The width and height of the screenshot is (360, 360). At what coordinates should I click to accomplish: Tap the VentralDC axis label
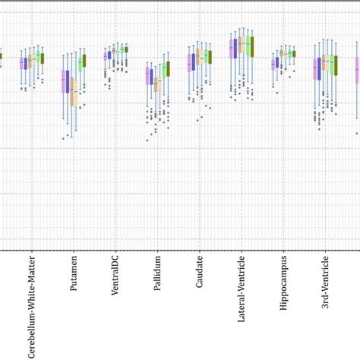point(115,274)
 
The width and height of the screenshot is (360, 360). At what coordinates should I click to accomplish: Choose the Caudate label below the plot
point(199,270)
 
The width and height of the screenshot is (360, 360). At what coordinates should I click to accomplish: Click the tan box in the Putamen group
point(74,92)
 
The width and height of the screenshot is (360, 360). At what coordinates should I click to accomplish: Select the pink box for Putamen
point(63,81)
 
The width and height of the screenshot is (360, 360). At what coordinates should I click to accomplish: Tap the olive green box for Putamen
point(84,61)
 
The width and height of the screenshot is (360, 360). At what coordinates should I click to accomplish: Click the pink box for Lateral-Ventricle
point(232,49)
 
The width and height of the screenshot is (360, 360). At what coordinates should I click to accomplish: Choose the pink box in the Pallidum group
point(147,76)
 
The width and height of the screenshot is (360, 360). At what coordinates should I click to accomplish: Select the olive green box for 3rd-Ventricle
point(334,65)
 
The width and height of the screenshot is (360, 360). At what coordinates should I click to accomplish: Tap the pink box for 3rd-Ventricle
point(315,69)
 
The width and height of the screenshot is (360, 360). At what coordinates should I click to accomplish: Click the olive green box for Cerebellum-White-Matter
point(43,58)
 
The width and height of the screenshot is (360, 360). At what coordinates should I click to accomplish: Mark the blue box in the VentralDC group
point(110,55)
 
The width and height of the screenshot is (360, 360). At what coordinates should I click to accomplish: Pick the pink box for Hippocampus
point(273,65)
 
